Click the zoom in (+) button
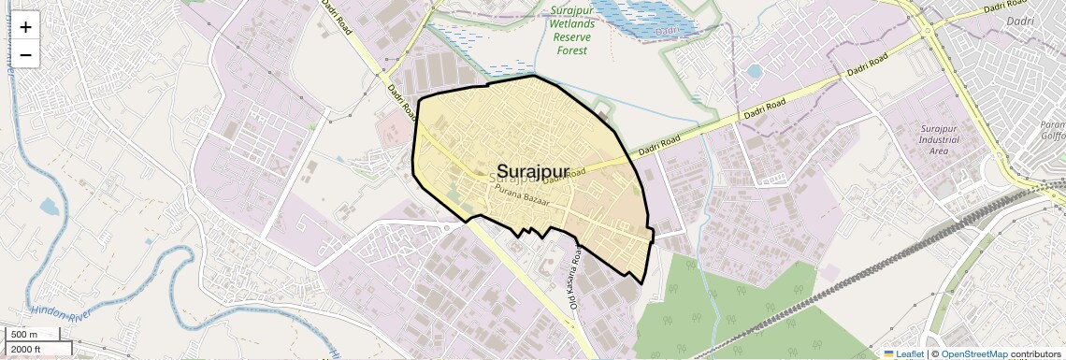coord(25,27)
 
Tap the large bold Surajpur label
coord(533,171)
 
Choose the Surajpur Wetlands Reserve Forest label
coord(571,31)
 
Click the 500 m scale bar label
coord(24,334)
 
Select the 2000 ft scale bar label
coord(26,349)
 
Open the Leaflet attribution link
coord(909,353)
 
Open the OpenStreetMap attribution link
coord(973,353)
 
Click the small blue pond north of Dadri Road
coord(754,71)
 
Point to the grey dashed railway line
coord(842,281)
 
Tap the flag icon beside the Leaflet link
coord(889,353)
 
